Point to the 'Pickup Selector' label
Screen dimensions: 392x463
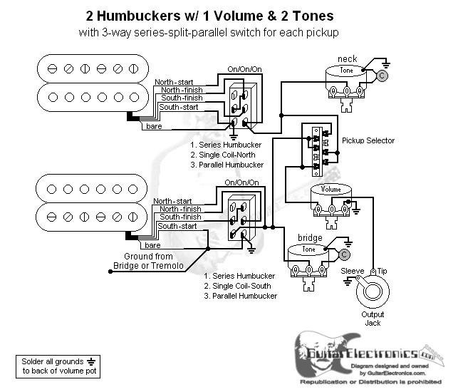point(368,141)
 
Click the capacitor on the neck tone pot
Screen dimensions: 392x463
point(382,74)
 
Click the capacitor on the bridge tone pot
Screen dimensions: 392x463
point(345,254)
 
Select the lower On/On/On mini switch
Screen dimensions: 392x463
point(239,218)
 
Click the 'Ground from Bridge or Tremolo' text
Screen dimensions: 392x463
point(148,261)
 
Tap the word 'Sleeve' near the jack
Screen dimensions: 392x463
point(352,272)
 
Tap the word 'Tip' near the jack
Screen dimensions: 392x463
point(382,272)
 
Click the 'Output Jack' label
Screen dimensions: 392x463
point(372,319)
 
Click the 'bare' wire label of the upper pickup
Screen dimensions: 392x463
point(153,126)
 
